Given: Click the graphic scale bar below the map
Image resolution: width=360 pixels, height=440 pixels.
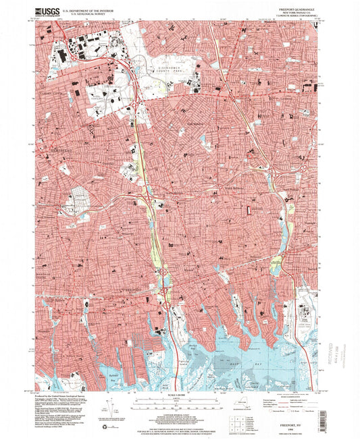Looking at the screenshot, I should pos(180,402).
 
